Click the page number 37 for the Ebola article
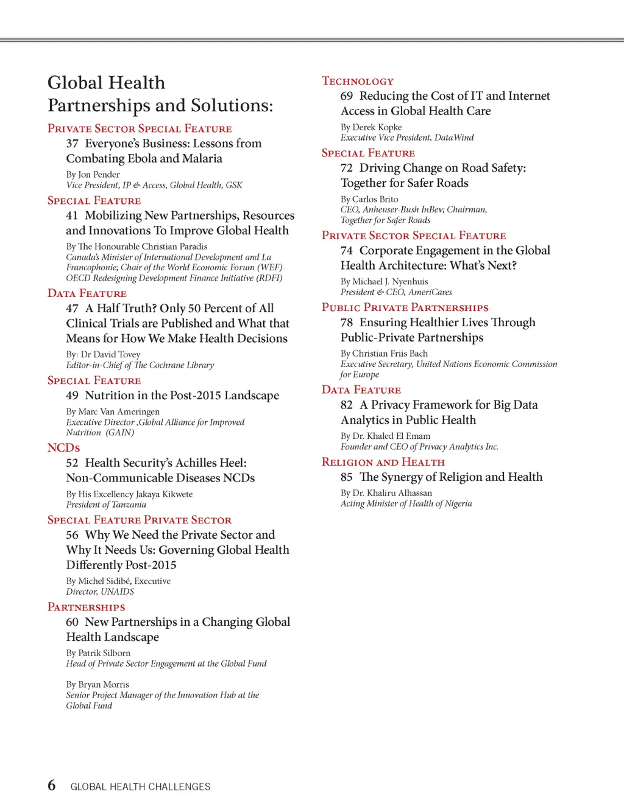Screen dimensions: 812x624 pos(73,144)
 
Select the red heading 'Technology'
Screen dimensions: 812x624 pos(358,81)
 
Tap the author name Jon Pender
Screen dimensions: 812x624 pos(99,175)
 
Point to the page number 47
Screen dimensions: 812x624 pos(73,309)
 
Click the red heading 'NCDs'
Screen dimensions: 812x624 pos(63,447)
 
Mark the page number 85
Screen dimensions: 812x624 pos(347,477)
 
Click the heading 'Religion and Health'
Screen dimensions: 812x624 pos(383,462)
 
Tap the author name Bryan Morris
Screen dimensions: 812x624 pos(104,684)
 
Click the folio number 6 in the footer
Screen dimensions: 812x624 pos(52,785)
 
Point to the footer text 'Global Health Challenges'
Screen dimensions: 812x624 pos(140,786)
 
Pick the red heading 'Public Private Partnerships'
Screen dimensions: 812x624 pos(405,307)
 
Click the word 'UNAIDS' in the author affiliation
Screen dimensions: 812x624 pos(117,592)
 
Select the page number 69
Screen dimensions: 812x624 pos(347,96)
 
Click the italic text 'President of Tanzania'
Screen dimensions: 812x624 pos(106,505)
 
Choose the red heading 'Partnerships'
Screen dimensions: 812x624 pos(87,607)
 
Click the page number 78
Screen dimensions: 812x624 pos(347,323)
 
